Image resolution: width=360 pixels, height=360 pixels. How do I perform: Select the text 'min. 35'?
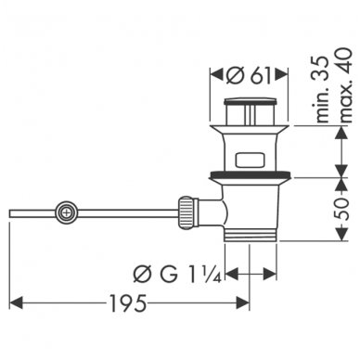[x=322, y=89]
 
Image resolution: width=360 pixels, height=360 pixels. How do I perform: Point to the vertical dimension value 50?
[x=341, y=209]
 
